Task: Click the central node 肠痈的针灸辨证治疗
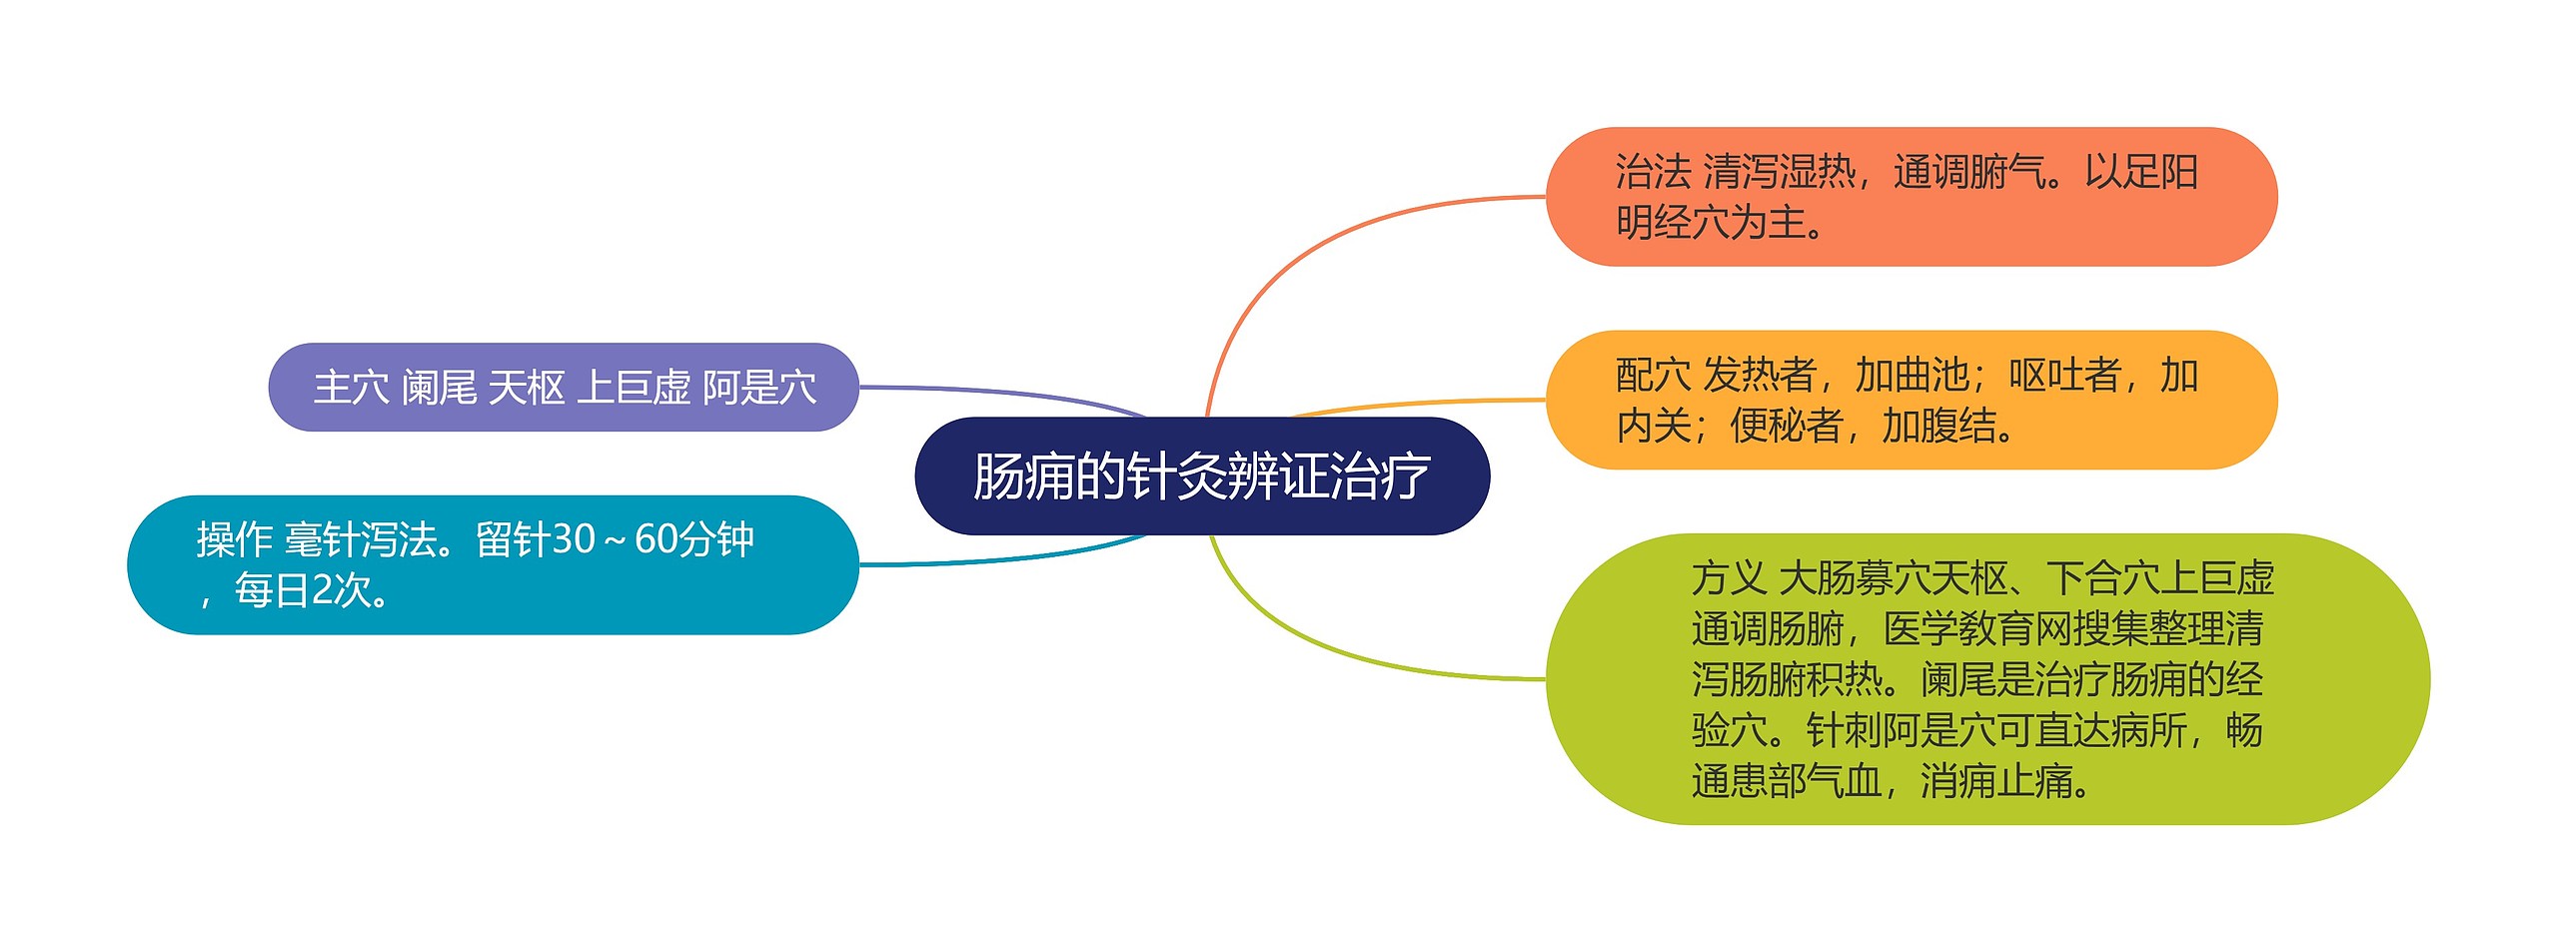coord(1201,476)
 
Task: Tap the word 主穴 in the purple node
coord(351,388)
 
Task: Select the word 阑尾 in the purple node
coord(439,388)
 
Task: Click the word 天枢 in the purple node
coord(527,388)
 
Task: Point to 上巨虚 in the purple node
coord(634,388)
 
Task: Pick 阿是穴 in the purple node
coord(759,388)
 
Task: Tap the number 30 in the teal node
coord(573,539)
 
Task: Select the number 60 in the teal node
coord(657,539)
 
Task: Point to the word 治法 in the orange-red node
coord(1654,172)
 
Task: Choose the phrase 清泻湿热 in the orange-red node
coord(1779,172)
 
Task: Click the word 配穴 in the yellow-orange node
coord(1654,376)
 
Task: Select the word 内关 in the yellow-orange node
coord(1654,427)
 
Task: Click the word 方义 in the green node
coord(1729,578)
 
